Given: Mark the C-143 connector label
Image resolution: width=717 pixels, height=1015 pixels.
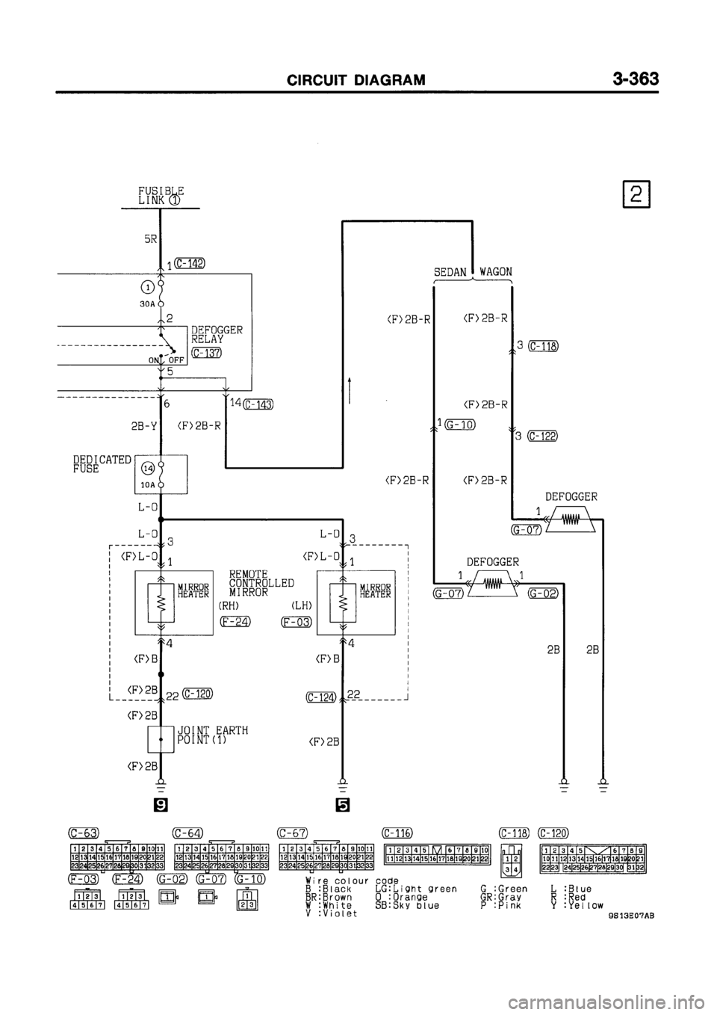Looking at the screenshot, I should pos(258,405).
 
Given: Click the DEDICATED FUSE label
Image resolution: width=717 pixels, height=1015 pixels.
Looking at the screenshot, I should pos(102,464).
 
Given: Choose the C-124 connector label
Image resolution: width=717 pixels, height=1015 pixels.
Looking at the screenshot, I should pos(320,697).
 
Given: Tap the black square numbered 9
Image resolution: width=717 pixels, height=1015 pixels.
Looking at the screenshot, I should pos(161,805).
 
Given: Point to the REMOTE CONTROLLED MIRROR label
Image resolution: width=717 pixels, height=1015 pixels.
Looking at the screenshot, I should pos(261,582).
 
